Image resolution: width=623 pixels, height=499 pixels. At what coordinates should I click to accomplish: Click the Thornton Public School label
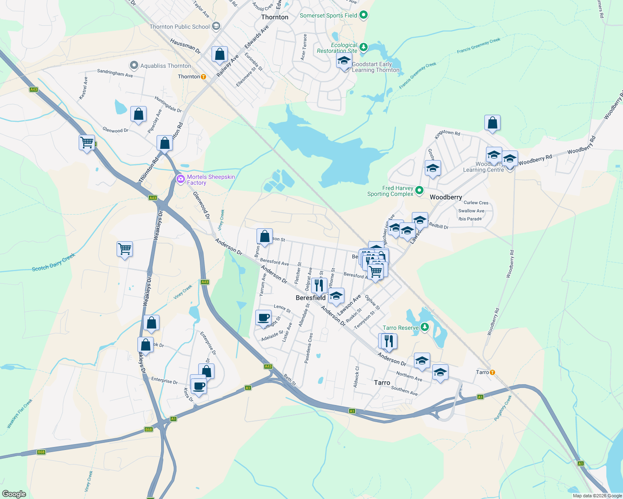click(180, 27)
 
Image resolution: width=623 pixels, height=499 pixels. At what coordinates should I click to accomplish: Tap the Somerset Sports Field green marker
click(364, 15)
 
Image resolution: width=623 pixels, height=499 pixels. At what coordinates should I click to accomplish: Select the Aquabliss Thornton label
click(165, 66)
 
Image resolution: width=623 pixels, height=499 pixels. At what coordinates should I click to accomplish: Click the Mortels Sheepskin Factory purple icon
click(181, 179)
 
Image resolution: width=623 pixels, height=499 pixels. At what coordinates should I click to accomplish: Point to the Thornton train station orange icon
click(204, 77)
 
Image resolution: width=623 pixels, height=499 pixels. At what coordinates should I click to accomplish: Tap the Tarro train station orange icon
click(492, 372)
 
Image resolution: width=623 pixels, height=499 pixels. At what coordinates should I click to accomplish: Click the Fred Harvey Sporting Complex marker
click(419, 190)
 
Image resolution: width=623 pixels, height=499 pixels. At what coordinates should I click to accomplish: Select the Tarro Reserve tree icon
click(424, 327)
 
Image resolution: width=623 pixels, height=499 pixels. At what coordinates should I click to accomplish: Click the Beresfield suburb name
click(310, 298)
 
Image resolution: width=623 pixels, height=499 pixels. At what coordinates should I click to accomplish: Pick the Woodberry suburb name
click(446, 197)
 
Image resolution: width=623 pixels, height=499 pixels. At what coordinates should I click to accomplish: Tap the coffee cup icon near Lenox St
click(263, 318)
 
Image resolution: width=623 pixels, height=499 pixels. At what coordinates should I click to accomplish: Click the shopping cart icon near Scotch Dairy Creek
click(125, 249)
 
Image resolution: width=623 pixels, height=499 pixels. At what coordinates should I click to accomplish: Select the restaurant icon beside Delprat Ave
click(319, 285)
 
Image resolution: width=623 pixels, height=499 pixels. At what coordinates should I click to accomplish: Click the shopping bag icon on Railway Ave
click(219, 54)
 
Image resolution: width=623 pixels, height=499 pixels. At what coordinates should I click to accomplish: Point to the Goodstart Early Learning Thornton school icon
click(344, 61)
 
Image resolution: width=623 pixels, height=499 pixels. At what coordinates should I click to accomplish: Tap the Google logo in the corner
click(14, 494)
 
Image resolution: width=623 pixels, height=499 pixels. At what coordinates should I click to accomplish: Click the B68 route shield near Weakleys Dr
click(149, 429)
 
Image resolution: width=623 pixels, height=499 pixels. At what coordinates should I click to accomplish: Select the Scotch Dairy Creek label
click(53, 262)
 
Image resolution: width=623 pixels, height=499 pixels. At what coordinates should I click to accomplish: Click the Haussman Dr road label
click(185, 46)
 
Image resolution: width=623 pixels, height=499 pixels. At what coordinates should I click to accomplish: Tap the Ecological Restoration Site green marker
click(364, 47)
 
